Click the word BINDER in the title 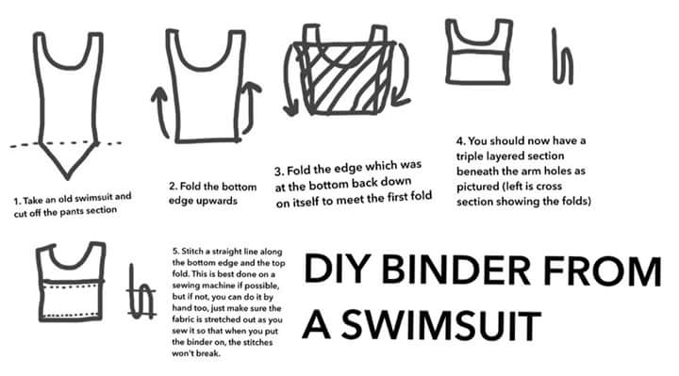[x=455, y=270]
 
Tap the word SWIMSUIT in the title [x=441, y=324]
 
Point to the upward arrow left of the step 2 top [x=160, y=111]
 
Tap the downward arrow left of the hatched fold [x=288, y=80]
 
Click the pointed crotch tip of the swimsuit [x=67, y=177]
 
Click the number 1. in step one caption [x=17, y=202]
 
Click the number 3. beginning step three [x=279, y=172]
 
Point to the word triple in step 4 [x=470, y=156]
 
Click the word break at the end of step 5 [x=207, y=353]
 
